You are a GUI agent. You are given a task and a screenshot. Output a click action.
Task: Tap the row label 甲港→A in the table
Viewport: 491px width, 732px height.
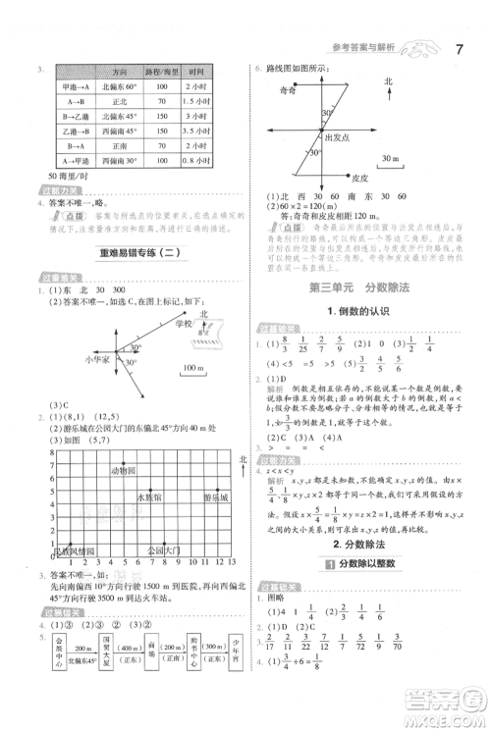(x=75, y=87)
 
